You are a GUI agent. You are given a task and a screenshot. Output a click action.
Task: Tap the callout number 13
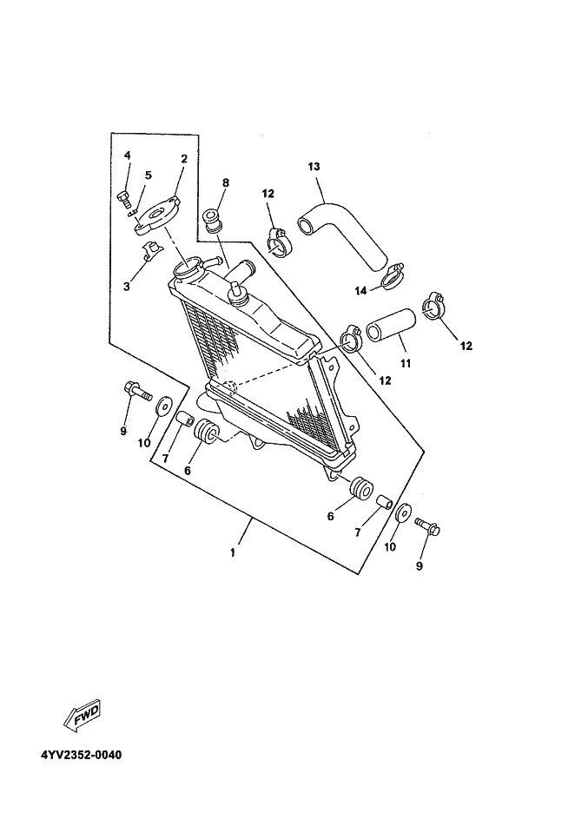tap(314, 166)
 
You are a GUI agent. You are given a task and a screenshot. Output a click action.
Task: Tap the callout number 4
tap(127, 155)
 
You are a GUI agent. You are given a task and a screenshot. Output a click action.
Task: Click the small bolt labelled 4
tap(122, 197)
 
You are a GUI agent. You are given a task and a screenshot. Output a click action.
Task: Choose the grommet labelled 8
tap(212, 221)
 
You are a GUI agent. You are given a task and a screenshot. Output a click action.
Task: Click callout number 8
tap(225, 183)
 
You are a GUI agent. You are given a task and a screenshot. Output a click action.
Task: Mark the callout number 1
tap(232, 552)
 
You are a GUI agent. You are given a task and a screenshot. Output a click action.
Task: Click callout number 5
tap(149, 175)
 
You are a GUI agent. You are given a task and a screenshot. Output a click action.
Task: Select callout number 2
tap(184, 158)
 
